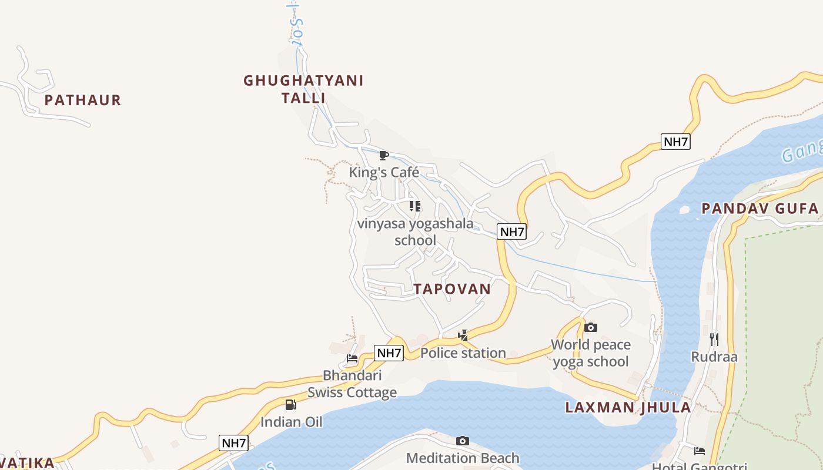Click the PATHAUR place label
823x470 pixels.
coord(83,100)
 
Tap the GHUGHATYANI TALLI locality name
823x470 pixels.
coord(303,89)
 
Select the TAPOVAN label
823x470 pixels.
coord(451,289)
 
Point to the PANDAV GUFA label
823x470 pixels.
coord(760,209)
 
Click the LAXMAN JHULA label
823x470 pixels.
coord(628,408)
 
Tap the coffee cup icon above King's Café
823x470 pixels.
coord(384,156)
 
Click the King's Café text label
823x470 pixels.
coord(384,172)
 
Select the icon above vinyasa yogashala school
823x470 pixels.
coord(415,206)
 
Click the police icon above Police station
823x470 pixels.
coord(463,335)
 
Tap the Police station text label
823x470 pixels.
coord(463,353)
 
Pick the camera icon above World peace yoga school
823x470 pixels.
coord(591,328)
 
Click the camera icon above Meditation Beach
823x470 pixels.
coord(463,441)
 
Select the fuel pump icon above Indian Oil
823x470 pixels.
coord(291,405)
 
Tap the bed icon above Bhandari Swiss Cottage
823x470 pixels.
coord(352,358)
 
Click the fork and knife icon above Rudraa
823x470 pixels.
coord(714,339)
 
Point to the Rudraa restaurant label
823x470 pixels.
coord(714,357)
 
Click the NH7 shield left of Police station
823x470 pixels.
coord(389,353)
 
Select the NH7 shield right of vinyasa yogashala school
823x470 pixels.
coord(511,231)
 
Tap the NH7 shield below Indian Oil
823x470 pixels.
coord(233,443)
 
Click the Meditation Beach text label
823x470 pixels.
coord(463,458)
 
